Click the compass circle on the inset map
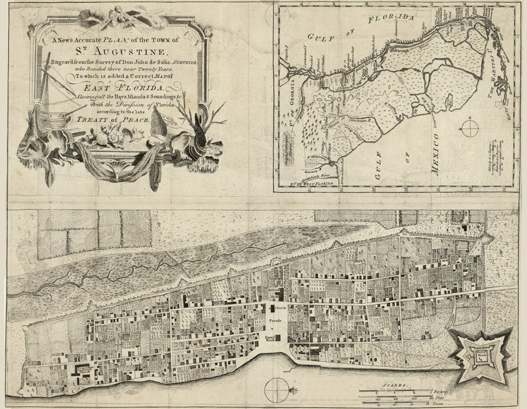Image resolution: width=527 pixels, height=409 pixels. [x=469, y=127]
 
